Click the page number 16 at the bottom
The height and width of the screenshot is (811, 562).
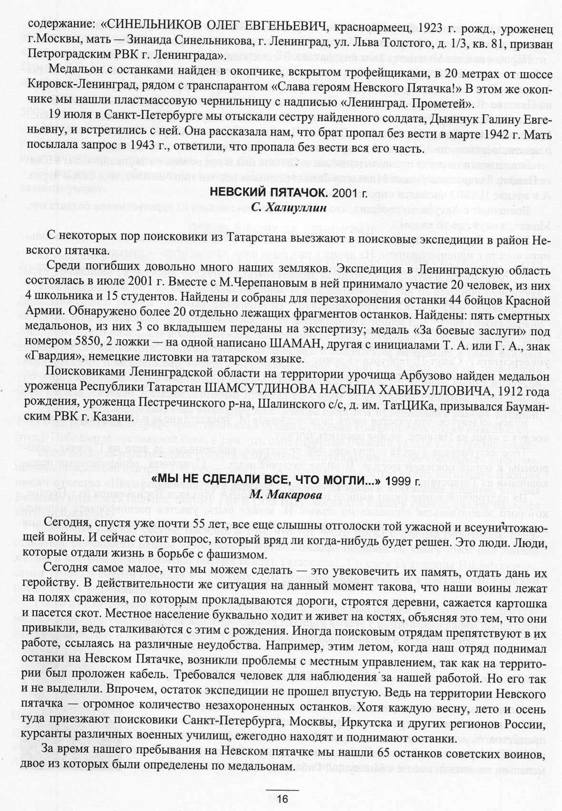point(282,799)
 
